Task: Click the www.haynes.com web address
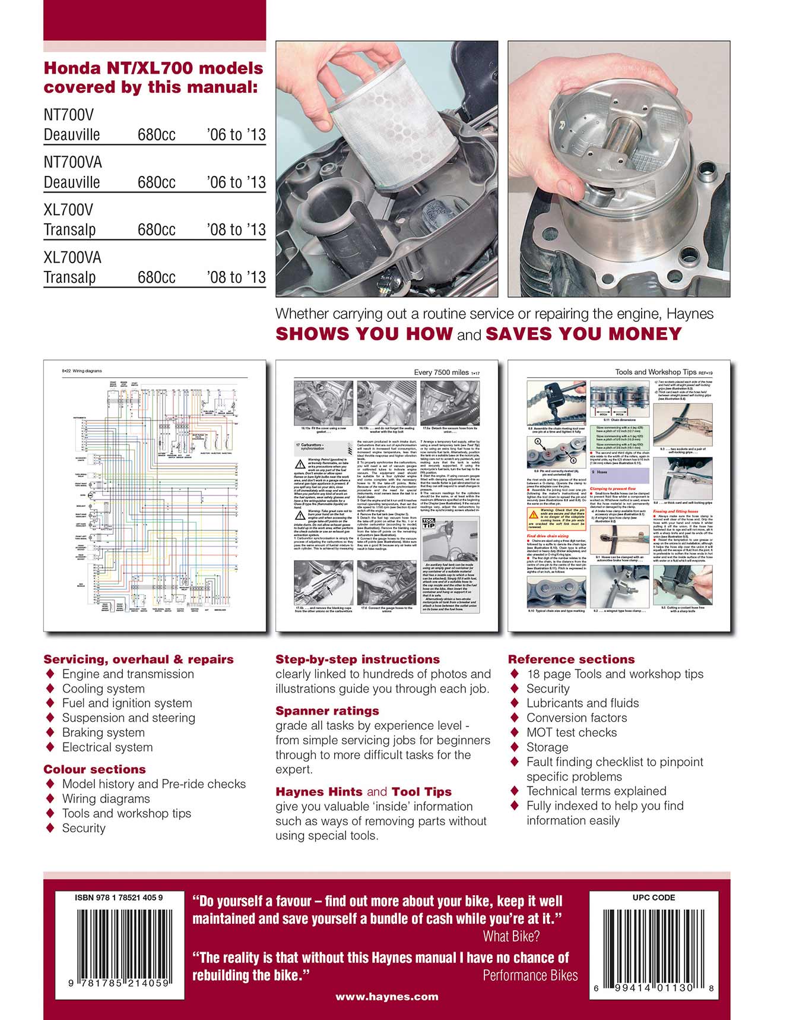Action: tap(386, 997)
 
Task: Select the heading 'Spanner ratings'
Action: tap(327, 711)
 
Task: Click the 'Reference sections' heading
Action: tap(571, 659)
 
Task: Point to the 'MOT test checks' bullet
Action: tap(571, 732)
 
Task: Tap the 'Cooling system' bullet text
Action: tap(103, 689)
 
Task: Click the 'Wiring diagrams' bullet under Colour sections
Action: tap(106, 798)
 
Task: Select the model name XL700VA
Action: tap(72, 257)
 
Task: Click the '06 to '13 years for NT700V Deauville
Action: tap(236, 135)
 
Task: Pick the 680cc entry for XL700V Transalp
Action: tap(157, 230)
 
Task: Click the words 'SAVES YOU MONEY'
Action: tap(583, 334)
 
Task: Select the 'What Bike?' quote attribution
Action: tap(510, 937)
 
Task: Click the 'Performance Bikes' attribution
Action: tap(529, 975)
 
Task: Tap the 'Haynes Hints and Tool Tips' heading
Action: tap(363, 792)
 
